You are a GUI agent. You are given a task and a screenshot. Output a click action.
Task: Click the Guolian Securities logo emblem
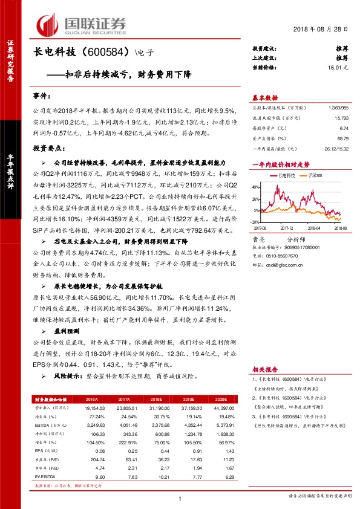(x=51, y=24)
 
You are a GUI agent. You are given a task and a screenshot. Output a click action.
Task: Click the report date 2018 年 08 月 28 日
(x=321, y=30)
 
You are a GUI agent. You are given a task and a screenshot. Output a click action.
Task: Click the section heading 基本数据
(x=264, y=97)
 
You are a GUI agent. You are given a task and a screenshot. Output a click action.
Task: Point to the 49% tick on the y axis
(x=257, y=187)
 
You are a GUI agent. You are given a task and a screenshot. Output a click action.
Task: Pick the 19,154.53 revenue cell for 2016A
(x=87, y=409)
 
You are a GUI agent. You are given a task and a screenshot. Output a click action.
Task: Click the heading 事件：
(x=41, y=96)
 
